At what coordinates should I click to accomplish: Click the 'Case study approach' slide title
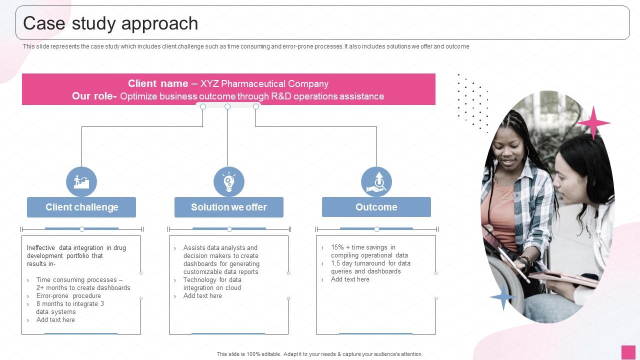tap(110, 23)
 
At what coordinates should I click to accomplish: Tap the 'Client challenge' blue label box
tap(81, 207)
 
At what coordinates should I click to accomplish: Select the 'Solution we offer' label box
tap(229, 207)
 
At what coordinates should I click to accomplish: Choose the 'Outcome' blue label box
tap(376, 207)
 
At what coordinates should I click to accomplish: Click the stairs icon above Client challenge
tap(81, 181)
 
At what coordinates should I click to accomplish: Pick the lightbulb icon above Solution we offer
tap(229, 181)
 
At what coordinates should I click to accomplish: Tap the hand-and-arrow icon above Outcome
tap(376, 181)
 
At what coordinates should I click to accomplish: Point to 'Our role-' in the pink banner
tap(94, 96)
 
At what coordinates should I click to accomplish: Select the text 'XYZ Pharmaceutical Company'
tap(264, 83)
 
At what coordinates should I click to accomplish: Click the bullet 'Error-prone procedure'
tap(68, 296)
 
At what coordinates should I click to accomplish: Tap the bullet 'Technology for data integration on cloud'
tap(212, 284)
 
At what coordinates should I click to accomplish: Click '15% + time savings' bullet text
tap(363, 247)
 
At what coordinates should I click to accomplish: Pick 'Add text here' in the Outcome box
tap(350, 279)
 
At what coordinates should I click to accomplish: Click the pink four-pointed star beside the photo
tap(593, 122)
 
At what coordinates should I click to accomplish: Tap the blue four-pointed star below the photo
tap(503, 296)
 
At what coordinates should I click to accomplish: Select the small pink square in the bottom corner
tap(628, 352)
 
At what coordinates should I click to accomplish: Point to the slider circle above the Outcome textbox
tap(376, 229)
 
